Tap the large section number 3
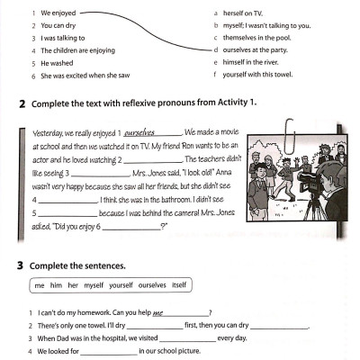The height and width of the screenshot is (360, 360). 22,267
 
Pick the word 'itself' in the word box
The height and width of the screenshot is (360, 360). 178,285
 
